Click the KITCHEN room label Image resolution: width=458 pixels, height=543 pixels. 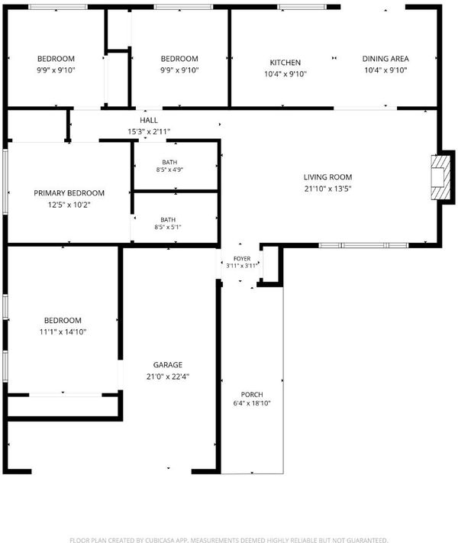point(285,63)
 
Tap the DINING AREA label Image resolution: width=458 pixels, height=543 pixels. point(385,59)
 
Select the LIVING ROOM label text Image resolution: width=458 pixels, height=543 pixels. point(327,177)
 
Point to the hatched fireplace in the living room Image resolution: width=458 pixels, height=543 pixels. point(440,178)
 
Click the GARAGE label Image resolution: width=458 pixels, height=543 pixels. point(168,365)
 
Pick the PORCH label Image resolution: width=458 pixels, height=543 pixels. point(252,395)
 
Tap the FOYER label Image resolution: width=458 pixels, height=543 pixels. point(242,259)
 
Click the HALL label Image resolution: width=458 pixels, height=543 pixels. point(149,121)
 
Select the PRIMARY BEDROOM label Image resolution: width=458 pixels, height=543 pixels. point(69,193)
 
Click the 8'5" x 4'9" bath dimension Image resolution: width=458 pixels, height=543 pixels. point(169,170)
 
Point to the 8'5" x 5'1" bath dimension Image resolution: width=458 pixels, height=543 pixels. point(168,227)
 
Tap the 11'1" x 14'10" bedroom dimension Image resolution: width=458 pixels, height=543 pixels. point(63,331)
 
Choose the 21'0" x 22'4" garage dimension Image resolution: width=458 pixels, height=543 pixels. point(168,377)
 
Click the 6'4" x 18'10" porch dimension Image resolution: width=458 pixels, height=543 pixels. point(252,403)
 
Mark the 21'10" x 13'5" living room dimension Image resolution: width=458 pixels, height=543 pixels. point(327,189)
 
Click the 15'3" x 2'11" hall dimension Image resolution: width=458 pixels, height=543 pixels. point(149,131)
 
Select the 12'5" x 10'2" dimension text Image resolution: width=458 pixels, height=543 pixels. point(69,205)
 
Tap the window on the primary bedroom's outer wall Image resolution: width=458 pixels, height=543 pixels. point(5,181)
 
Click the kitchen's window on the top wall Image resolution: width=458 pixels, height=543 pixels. point(302,7)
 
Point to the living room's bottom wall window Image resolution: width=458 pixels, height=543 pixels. point(363,245)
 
